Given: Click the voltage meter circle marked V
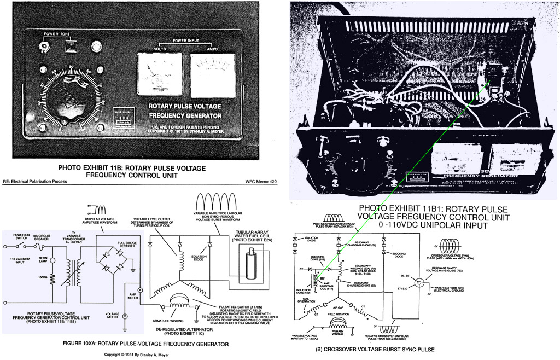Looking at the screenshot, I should (x=124, y=316).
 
